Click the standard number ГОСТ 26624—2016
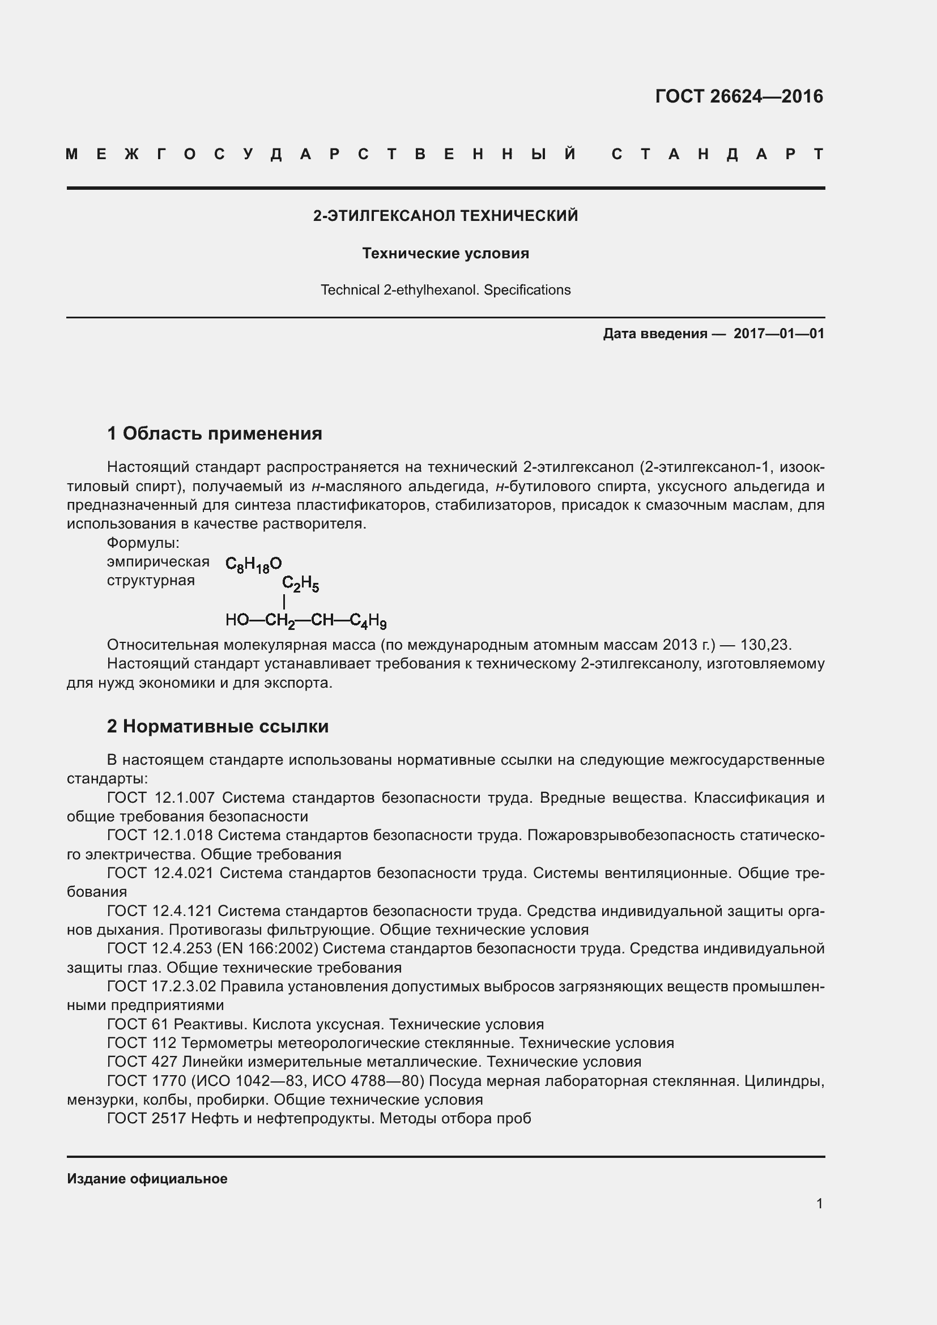point(739,96)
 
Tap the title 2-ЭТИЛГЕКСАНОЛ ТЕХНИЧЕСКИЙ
point(445,216)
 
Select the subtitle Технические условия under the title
point(445,253)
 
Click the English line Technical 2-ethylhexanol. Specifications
point(445,289)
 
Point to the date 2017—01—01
point(778,334)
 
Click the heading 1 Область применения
point(215,433)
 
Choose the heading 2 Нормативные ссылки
point(218,726)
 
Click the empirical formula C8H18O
point(253,564)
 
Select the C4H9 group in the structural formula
point(368,621)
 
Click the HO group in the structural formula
point(237,620)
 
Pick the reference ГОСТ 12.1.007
point(161,798)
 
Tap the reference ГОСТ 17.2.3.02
point(161,986)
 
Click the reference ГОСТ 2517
point(147,1118)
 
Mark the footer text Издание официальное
point(147,1179)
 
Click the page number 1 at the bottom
point(819,1203)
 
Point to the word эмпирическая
point(158,561)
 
